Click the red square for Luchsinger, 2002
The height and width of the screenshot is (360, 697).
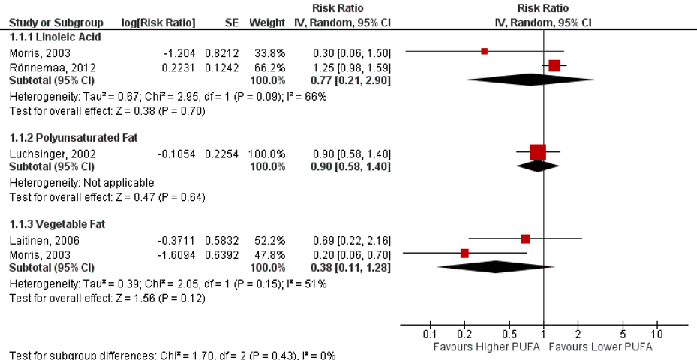click(x=538, y=153)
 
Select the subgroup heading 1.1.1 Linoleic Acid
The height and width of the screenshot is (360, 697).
click(x=54, y=36)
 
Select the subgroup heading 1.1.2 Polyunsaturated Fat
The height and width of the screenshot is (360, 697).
click(x=73, y=138)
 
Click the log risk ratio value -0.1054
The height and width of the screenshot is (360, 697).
click(x=176, y=153)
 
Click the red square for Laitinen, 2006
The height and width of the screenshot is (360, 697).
click(x=525, y=239)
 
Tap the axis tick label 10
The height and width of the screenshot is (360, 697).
click(x=657, y=334)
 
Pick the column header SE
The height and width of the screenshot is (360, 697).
click(x=231, y=22)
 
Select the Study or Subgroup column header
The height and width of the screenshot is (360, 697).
click(x=55, y=22)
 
